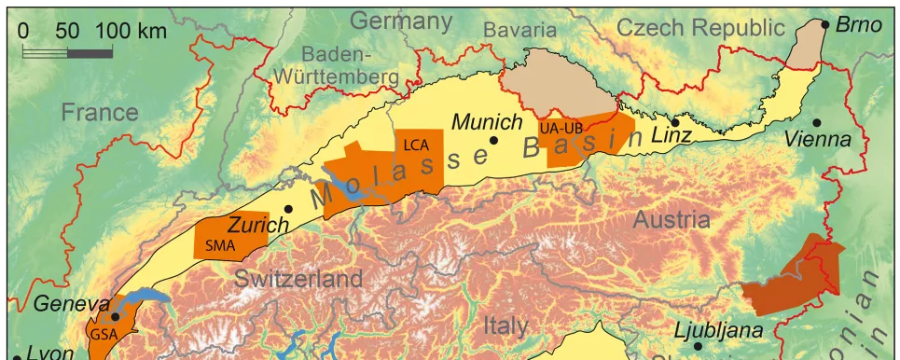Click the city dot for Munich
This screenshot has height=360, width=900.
494,141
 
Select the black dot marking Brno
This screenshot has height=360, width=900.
825,25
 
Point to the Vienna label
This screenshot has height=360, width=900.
818,140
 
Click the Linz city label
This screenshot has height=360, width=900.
672,136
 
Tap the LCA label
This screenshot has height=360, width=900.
417,144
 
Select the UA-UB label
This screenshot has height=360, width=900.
560,126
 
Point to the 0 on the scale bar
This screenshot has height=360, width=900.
23,30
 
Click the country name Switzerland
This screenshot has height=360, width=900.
298,279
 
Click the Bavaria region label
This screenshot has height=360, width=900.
519,30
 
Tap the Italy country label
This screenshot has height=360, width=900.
505,326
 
